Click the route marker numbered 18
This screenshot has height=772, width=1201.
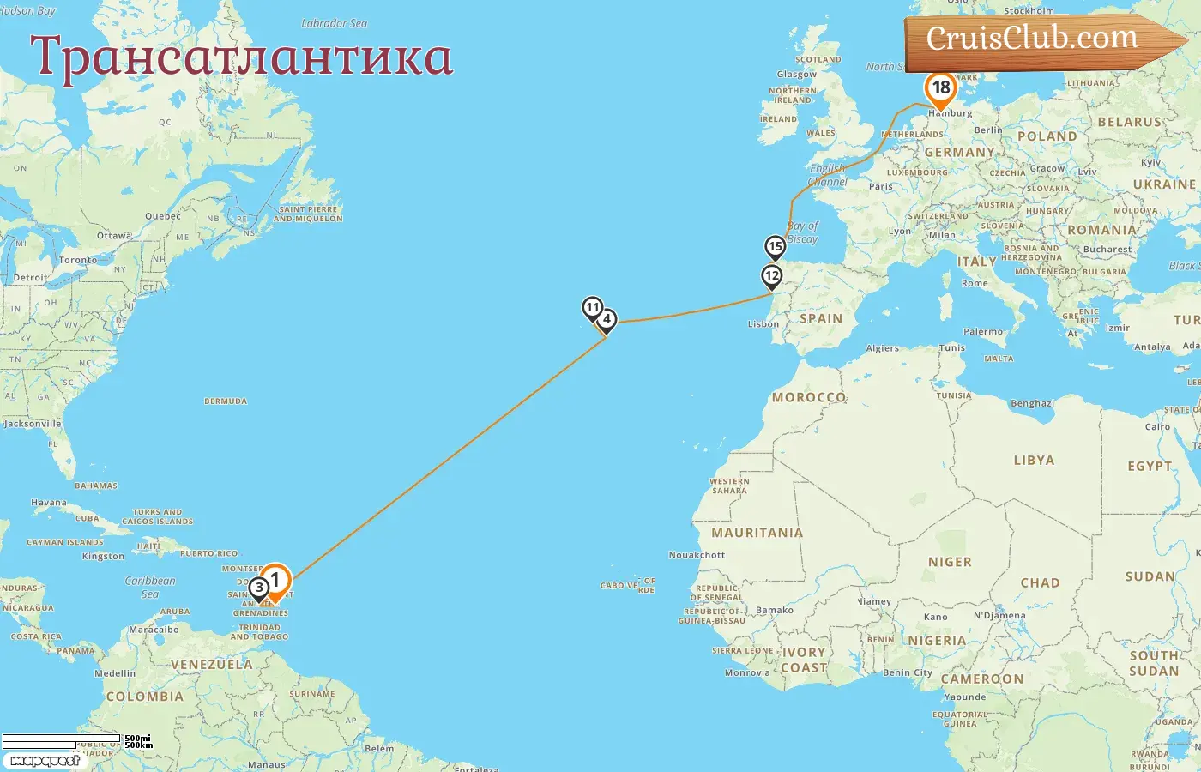(x=940, y=88)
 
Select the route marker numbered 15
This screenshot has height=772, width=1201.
(x=776, y=247)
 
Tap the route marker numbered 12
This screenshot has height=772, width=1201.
(x=772, y=276)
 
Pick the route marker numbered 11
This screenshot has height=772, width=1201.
(x=592, y=307)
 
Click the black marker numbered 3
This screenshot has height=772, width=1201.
(x=259, y=588)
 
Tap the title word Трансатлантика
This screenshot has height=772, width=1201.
(x=241, y=57)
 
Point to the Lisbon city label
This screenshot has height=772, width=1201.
(x=763, y=324)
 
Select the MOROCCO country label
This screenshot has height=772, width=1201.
(x=809, y=397)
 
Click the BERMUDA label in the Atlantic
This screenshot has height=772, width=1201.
(x=226, y=401)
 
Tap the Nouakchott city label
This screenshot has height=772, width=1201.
(x=697, y=555)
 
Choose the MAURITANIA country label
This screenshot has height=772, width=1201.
(x=757, y=533)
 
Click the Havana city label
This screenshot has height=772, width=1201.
(x=48, y=503)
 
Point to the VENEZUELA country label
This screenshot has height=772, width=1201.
(x=211, y=665)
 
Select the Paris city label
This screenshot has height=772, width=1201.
(x=880, y=186)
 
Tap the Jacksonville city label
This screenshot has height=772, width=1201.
(x=33, y=424)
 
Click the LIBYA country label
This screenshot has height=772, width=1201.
(x=1034, y=461)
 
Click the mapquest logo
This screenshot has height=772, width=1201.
(x=45, y=760)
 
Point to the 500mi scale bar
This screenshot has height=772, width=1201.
(x=61, y=739)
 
